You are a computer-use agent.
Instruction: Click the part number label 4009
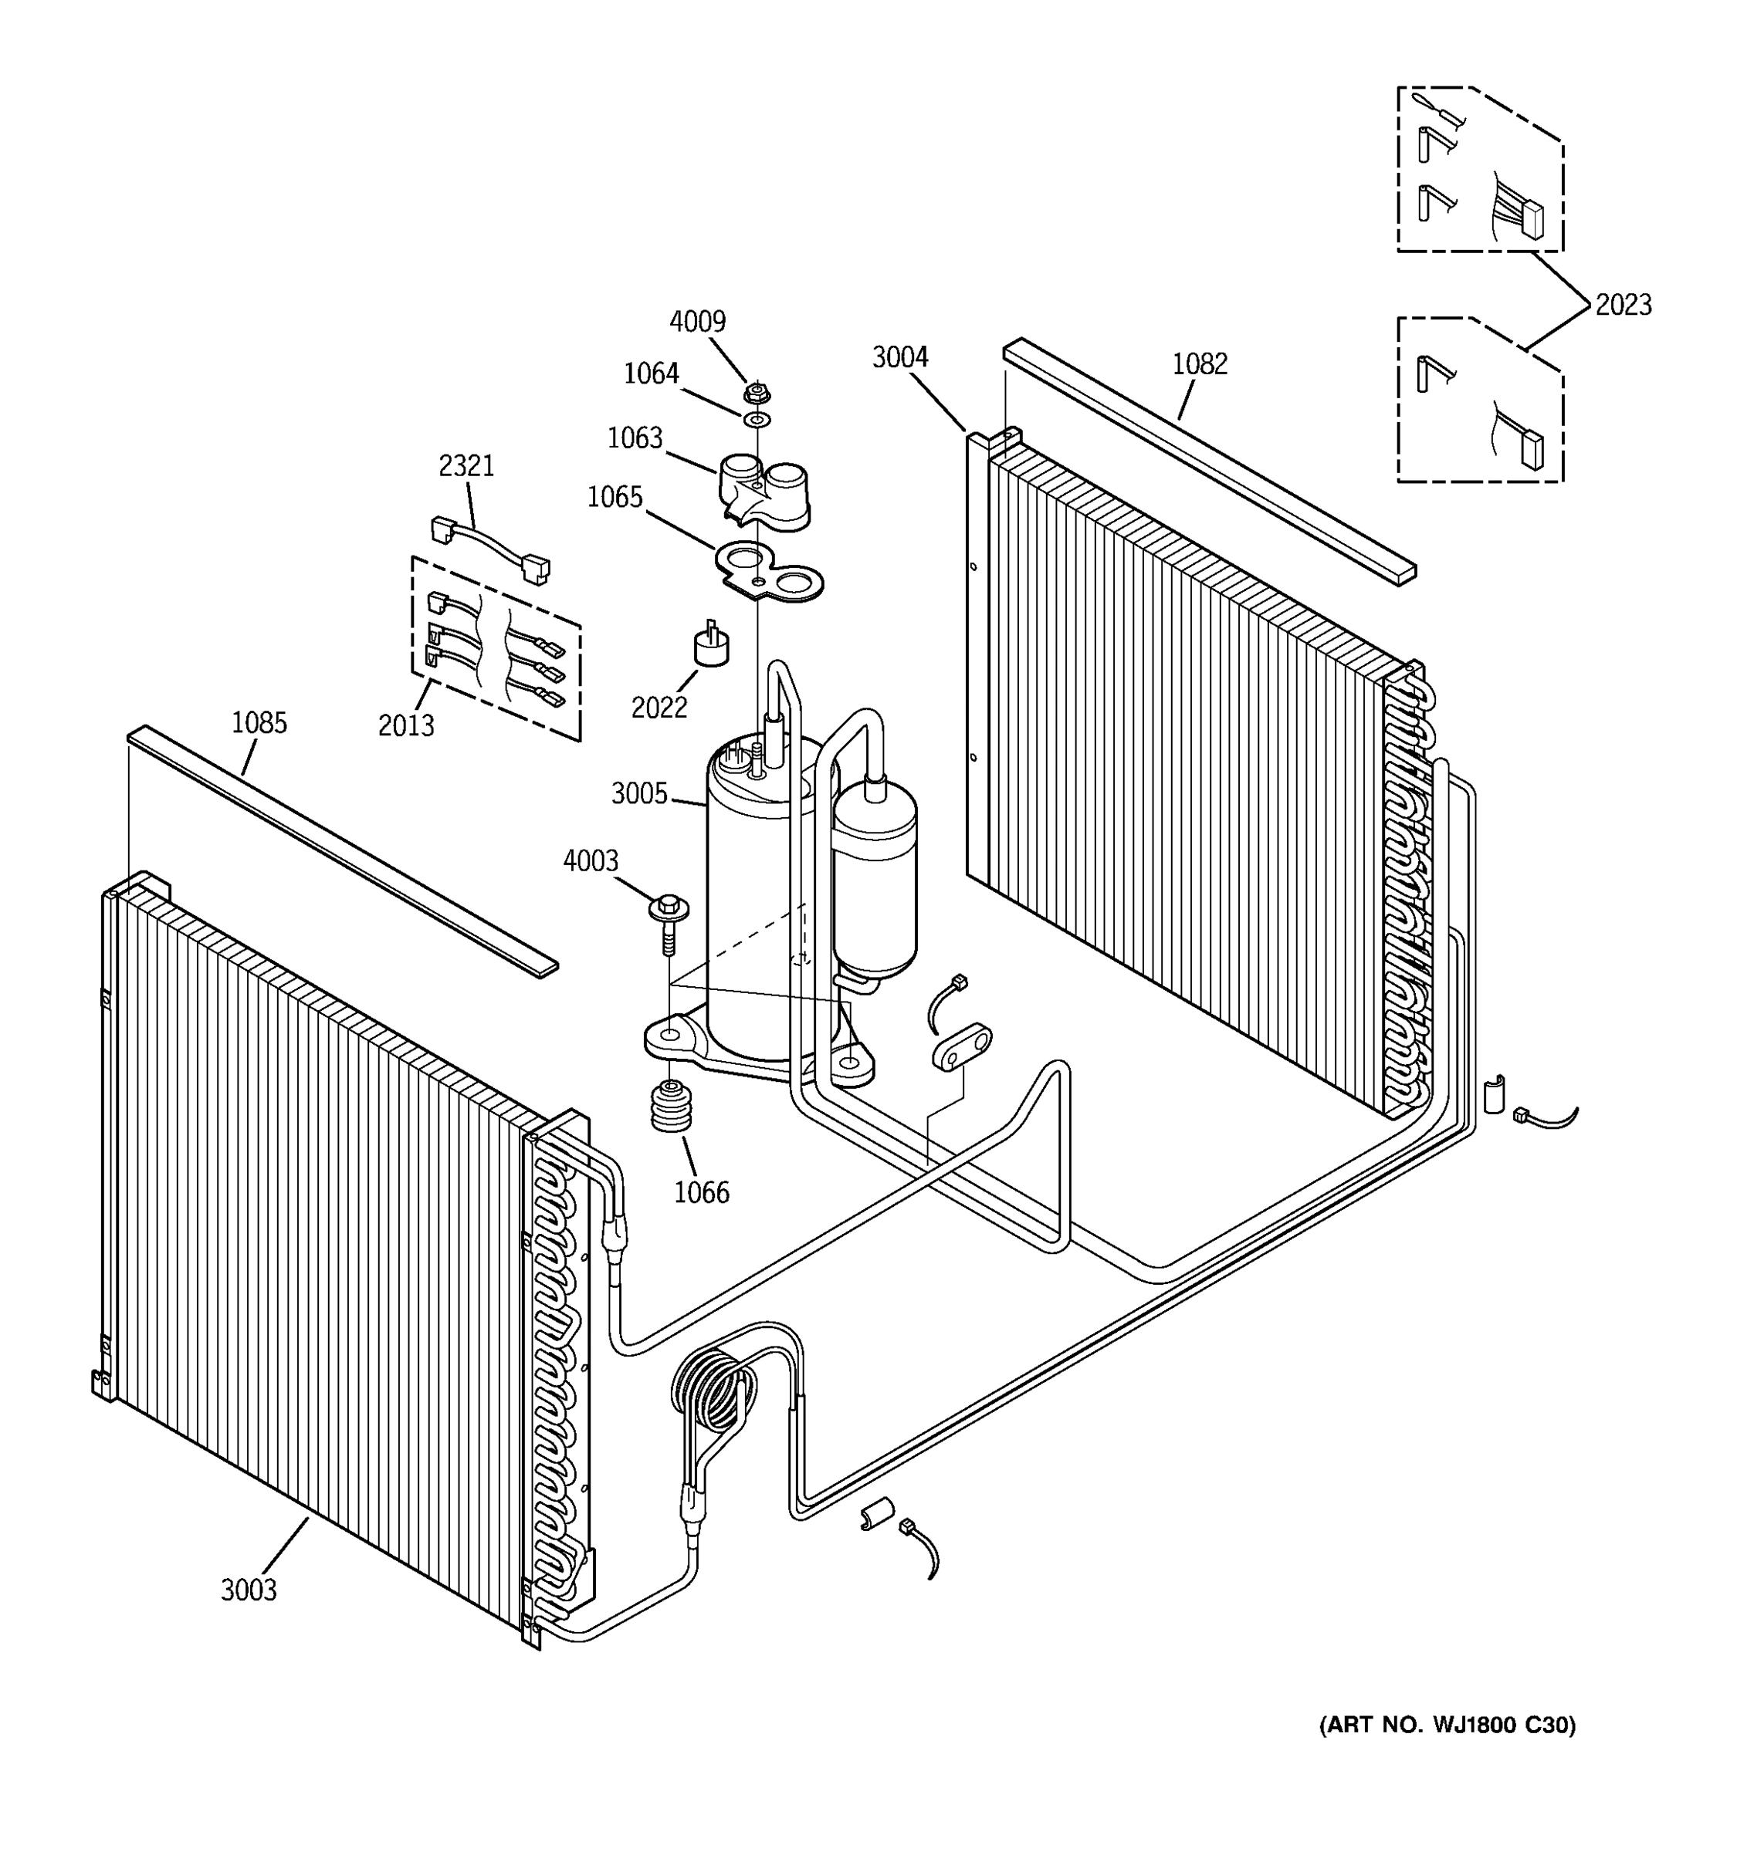697,321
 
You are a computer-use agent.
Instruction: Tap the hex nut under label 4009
757,392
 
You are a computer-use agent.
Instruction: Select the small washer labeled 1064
757,420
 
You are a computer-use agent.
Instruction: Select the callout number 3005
639,794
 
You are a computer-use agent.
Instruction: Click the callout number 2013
406,725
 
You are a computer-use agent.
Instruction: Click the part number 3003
249,1590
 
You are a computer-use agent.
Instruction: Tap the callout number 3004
900,357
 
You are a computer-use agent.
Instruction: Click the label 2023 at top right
1623,305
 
